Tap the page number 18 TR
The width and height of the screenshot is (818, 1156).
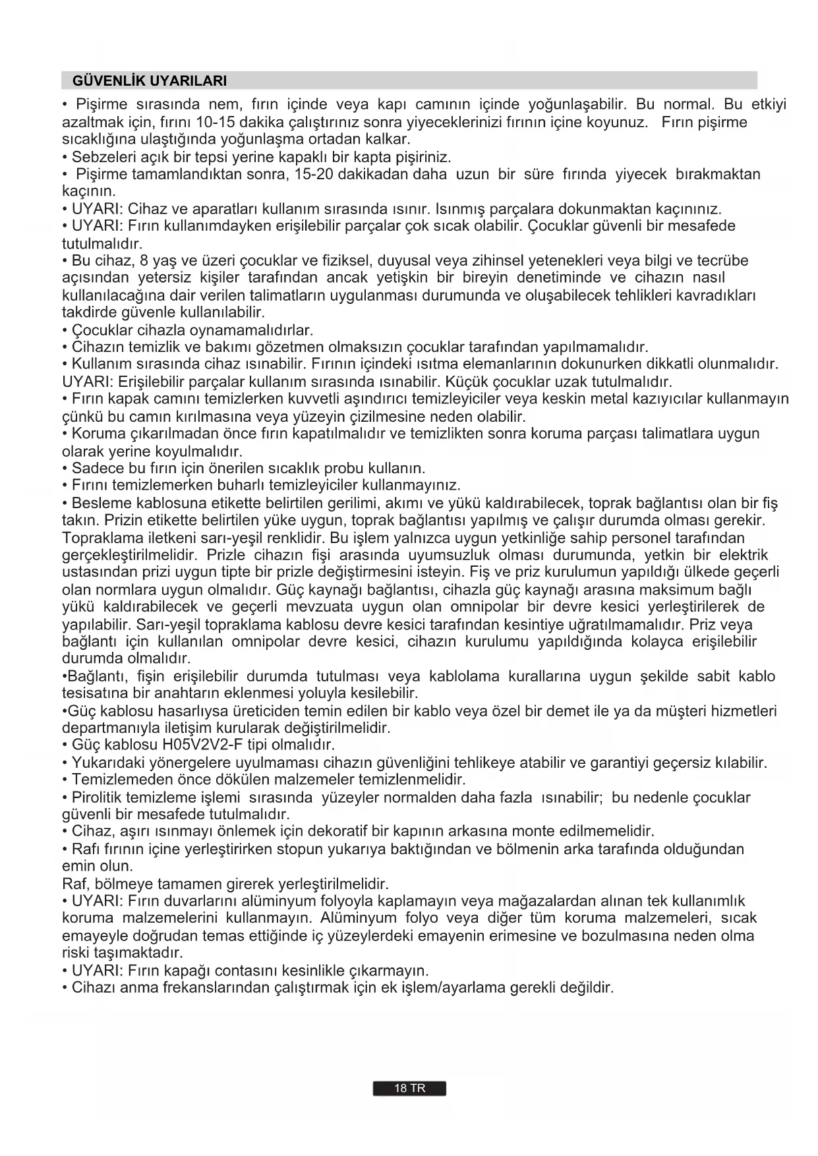pyautogui.click(x=409, y=1089)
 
